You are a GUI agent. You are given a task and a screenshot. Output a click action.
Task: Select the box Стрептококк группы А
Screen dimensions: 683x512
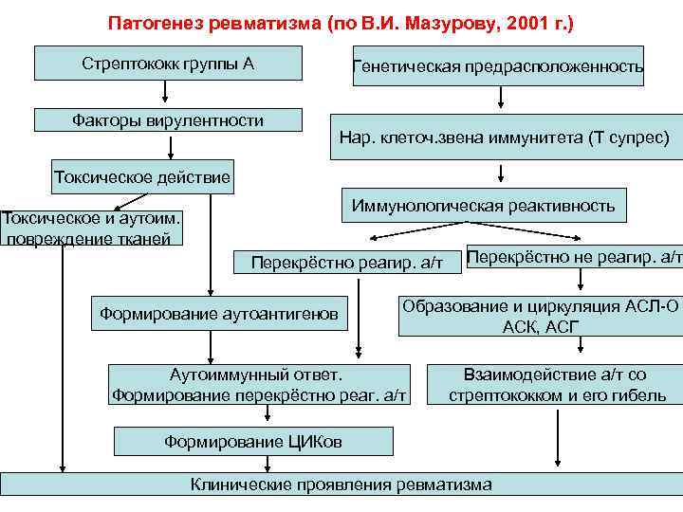click(168, 64)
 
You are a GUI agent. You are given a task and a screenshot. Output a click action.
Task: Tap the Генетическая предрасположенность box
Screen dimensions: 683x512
click(498, 66)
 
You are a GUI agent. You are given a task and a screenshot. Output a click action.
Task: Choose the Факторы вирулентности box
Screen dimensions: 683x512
click(168, 120)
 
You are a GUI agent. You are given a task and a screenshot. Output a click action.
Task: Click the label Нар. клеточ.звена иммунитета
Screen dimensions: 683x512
click(504, 138)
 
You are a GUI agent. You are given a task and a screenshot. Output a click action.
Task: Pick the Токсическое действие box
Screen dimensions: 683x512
click(142, 176)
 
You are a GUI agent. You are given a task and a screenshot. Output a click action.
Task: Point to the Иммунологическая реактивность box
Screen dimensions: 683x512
click(483, 205)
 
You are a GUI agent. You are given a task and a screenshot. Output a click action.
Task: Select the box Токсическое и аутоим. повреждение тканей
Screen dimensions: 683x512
click(91, 228)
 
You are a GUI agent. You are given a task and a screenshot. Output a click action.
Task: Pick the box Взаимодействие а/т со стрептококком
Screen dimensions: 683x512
click(557, 384)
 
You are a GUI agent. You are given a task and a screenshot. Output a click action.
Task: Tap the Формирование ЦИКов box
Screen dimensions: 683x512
click(253, 442)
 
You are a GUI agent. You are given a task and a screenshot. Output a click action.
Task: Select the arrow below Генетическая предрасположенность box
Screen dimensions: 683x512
click(500, 99)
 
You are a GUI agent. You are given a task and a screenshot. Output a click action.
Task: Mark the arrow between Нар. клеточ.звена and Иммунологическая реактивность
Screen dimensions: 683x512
click(500, 172)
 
